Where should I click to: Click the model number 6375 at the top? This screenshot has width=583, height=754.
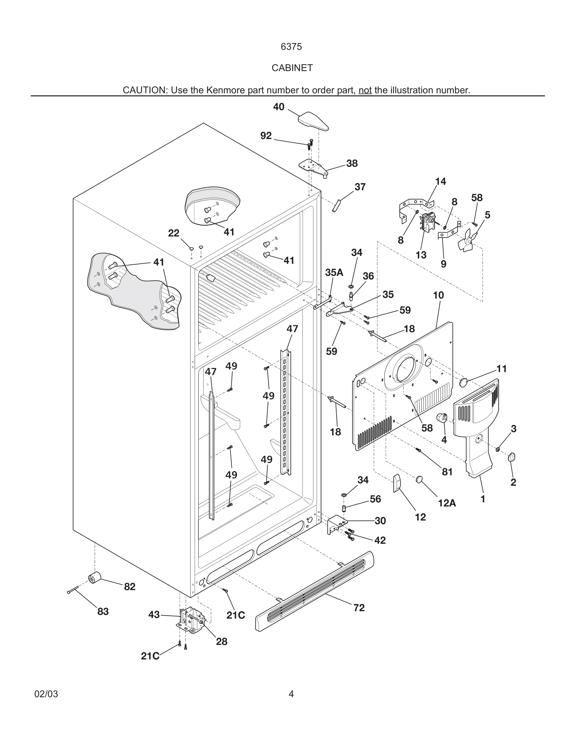click(x=291, y=47)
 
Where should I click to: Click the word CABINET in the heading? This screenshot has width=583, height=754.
click(x=292, y=68)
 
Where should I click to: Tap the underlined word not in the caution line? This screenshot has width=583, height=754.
click(x=365, y=90)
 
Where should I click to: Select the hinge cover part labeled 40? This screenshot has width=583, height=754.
click(x=312, y=122)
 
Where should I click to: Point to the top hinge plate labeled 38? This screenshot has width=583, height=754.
click(x=313, y=168)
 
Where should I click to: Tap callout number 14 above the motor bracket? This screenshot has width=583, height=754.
click(x=440, y=181)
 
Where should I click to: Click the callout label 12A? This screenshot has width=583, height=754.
click(x=447, y=503)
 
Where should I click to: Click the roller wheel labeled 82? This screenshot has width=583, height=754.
click(x=94, y=578)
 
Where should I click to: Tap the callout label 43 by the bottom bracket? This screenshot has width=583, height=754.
click(x=154, y=614)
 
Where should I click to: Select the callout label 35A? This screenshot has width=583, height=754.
click(x=334, y=272)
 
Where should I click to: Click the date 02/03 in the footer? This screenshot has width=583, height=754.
click(x=46, y=694)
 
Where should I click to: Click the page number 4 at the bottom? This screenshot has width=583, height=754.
click(x=291, y=694)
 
